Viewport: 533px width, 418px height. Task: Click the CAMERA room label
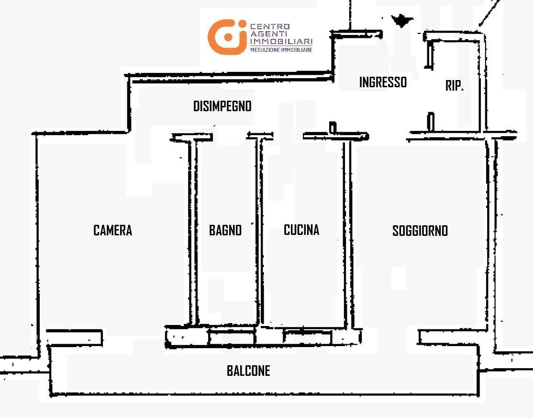(x=112, y=230)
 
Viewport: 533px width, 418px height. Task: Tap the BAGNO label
(x=225, y=230)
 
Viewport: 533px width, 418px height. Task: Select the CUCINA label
(x=301, y=230)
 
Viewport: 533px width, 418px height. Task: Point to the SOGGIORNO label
(x=420, y=231)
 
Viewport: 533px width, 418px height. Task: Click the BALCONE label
(x=248, y=371)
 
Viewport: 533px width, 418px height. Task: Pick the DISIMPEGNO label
(x=222, y=106)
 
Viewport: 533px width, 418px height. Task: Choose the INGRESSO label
(x=383, y=82)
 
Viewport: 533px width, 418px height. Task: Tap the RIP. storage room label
(x=455, y=85)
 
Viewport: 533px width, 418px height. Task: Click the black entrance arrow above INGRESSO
(x=402, y=21)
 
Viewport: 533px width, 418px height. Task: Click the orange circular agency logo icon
(x=227, y=37)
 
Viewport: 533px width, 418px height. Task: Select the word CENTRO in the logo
(x=270, y=26)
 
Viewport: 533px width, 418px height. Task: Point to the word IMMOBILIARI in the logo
(x=281, y=41)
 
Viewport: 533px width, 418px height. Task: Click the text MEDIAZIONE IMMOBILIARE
(x=281, y=50)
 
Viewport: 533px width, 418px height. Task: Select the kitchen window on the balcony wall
(x=307, y=337)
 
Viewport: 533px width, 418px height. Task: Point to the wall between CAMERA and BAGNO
(x=193, y=232)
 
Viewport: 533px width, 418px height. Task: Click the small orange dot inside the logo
(x=228, y=37)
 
